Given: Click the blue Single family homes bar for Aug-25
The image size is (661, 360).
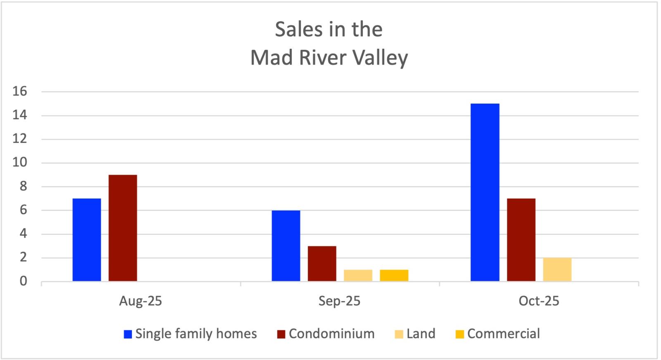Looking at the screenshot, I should [x=87, y=240].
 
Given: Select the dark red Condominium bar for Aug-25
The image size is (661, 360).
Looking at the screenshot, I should [x=123, y=228].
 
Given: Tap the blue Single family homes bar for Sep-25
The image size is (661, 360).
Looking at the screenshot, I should [x=286, y=246].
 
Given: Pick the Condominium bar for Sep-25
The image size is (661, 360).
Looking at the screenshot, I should [x=322, y=264].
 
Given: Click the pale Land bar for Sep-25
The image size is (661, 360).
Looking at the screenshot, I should [x=358, y=275].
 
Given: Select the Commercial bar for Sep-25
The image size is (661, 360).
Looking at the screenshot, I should [x=394, y=275].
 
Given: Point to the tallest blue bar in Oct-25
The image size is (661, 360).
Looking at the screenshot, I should [x=485, y=192].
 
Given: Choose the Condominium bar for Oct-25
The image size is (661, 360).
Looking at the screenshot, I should [x=521, y=240].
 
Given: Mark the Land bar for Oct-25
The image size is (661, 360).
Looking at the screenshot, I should [x=557, y=270].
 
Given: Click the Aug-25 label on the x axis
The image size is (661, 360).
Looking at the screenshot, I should [x=140, y=301].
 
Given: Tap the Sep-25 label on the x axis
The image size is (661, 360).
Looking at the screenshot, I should [x=339, y=301].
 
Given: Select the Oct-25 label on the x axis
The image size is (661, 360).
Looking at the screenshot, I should [x=539, y=301].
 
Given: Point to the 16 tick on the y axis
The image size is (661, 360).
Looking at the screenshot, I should [x=19, y=91].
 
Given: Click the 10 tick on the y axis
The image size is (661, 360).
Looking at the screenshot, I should [x=19, y=163].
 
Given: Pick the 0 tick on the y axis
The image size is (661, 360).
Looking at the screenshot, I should [x=23, y=281].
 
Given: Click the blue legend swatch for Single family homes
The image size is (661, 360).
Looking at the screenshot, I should [x=128, y=334].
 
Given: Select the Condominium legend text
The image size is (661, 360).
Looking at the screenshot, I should [x=331, y=334].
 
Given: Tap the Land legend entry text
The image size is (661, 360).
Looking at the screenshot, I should [x=421, y=334].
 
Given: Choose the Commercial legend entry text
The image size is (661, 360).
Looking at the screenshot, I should [x=503, y=334].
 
